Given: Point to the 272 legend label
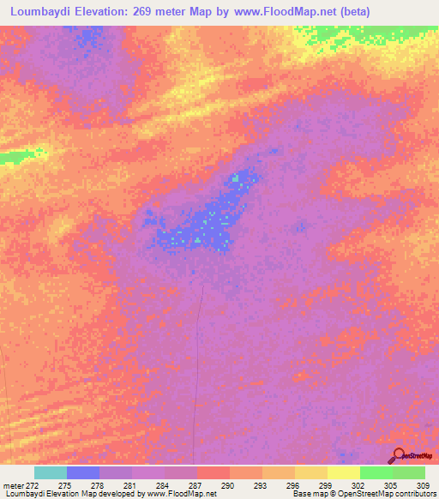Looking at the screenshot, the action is coord(31,486).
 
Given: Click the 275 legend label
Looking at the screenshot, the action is coord(64,486).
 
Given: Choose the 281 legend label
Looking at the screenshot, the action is coord(129,486).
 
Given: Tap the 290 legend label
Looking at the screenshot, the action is coord(227,486).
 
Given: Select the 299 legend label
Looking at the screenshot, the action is coord(325,486).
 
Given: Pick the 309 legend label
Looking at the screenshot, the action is coord(420,486).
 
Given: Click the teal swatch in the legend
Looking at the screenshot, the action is coord(50,472).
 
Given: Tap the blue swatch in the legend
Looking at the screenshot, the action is coord(82,472).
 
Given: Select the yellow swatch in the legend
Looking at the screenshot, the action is coord(343,472).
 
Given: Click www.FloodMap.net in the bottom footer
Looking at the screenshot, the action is coord(181,495).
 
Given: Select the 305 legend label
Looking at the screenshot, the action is coord(390,486).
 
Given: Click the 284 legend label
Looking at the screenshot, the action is coord(162,486).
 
